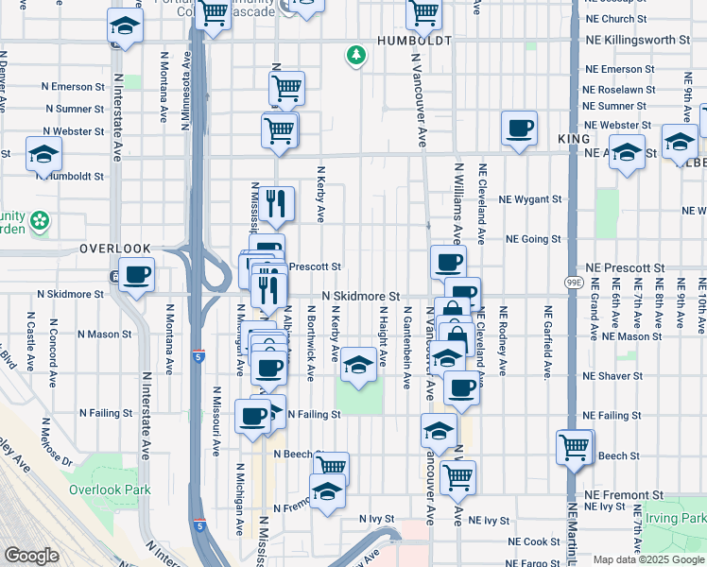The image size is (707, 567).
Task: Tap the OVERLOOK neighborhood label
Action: [x=114, y=249]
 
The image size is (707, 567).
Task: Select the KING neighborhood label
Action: [x=574, y=139]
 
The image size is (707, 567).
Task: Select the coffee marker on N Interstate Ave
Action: [x=137, y=275]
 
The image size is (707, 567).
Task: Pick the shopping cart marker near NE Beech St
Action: [x=574, y=447]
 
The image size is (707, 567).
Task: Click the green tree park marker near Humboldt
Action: [x=356, y=57]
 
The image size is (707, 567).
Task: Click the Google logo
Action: [x=32, y=556]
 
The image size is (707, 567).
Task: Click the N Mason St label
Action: [x=105, y=334]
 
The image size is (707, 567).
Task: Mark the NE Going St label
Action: [x=534, y=239]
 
